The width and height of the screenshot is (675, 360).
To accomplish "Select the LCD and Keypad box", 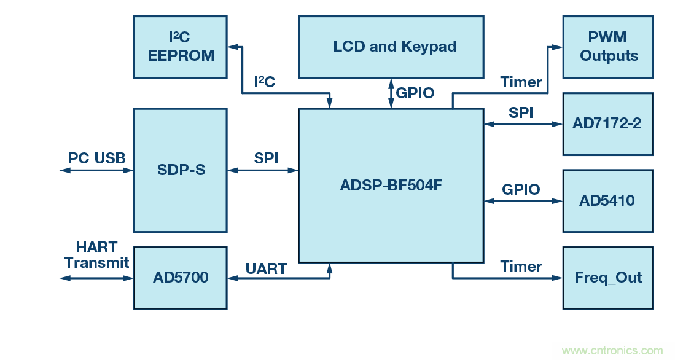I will tap(391, 47).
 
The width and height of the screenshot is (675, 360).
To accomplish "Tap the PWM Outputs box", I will tap(608, 47).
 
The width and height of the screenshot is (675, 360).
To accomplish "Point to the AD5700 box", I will tap(180, 278).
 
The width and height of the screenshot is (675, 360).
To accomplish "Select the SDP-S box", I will tap(180, 170).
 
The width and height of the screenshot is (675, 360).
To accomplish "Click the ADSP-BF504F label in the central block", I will tap(391, 185).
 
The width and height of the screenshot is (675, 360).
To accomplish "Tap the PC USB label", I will tap(96, 158).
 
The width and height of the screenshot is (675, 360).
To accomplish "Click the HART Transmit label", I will tap(96, 255).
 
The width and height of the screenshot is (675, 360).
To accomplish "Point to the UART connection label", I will tap(266, 268).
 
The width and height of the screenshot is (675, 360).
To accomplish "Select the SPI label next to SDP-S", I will tap(266, 158).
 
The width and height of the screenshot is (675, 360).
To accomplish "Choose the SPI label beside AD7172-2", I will tap(521, 113).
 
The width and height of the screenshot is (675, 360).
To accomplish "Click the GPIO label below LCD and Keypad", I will tap(415, 93).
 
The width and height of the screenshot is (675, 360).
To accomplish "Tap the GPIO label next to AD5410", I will tap(521, 189).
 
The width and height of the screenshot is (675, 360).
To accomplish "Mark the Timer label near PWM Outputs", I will tap(521, 82).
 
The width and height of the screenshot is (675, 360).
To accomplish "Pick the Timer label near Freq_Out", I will tap(521, 267).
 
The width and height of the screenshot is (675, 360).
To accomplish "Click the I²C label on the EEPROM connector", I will tap(265, 82).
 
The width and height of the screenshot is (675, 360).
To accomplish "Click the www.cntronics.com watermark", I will tap(612, 351).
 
